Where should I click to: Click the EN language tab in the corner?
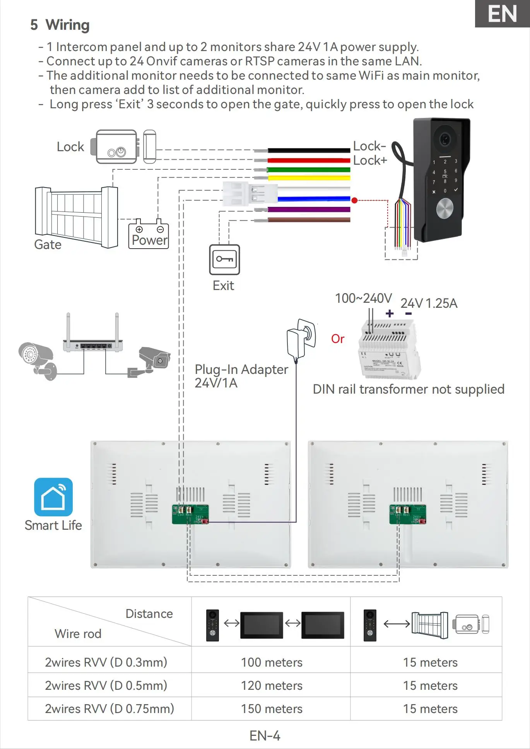pyautogui.click(x=502, y=14)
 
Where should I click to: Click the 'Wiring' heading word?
pyautogui.click(x=68, y=25)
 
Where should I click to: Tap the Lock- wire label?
pyautogui.click(x=369, y=146)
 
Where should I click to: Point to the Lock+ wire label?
pyautogui.click(x=370, y=160)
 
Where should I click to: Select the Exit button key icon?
pyautogui.click(x=224, y=259)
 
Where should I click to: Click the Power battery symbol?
pyautogui.click(x=149, y=234)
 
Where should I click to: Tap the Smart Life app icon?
pyautogui.click(x=53, y=497)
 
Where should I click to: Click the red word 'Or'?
pyautogui.click(x=338, y=339)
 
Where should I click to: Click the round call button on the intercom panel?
pyautogui.click(x=445, y=209)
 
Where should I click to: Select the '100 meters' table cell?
pyautogui.click(x=272, y=662)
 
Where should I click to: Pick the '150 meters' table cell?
pyautogui.click(x=272, y=709)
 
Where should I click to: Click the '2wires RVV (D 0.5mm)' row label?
pyautogui.click(x=106, y=686)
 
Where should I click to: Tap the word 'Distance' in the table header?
pyautogui.click(x=149, y=614)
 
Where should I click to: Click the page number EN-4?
pyautogui.click(x=265, y=735)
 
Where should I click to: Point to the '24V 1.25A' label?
pyautogui.click(x=429, y=303)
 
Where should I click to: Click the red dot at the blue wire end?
pyautogui.click(x=354, y=200)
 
